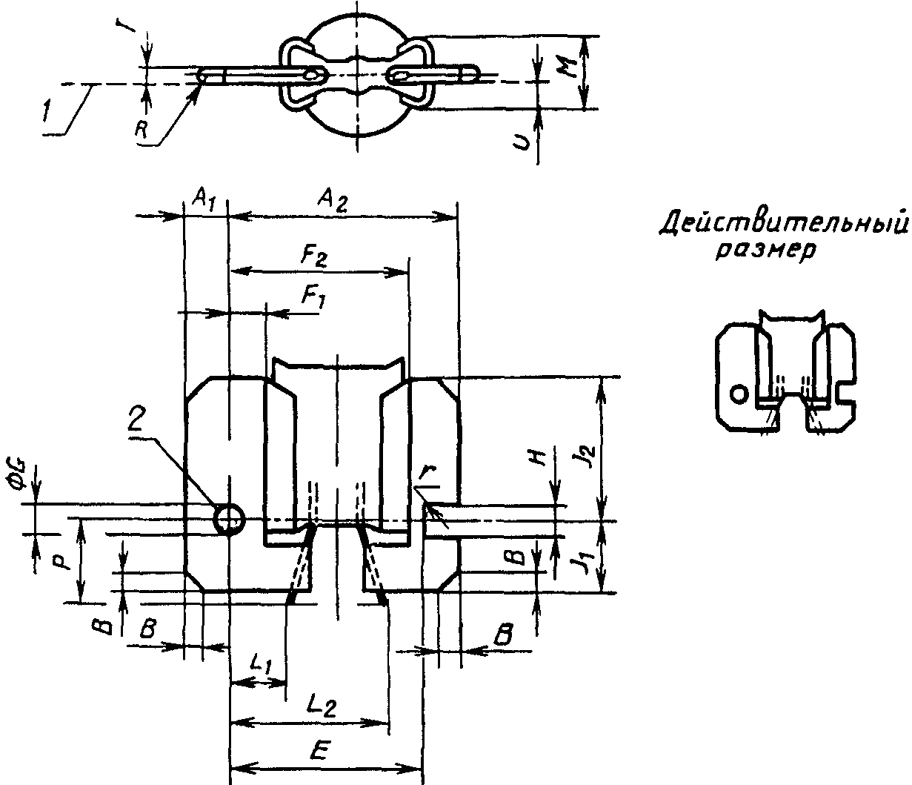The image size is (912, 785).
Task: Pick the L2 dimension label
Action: click(x=322, y=706)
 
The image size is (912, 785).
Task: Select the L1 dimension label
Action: click(x=261, y=663)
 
